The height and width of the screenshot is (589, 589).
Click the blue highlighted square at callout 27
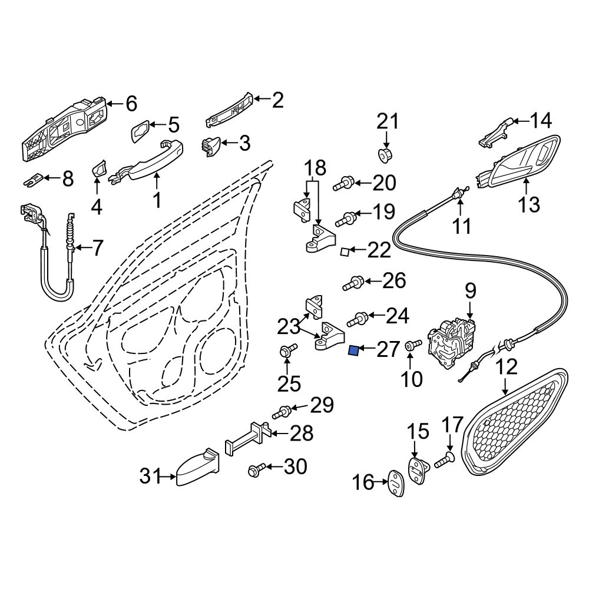(354, 352)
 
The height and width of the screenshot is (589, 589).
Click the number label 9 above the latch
(470, 291)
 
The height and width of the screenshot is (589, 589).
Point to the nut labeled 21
(385, 156)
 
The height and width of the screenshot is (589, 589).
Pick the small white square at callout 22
(345, 252)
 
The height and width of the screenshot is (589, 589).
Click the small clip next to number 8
(34, 178)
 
